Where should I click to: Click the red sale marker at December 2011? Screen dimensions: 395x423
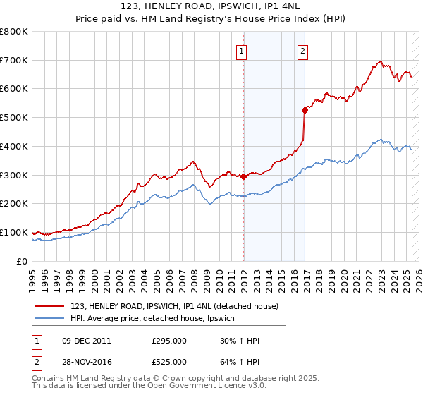pyautogui.click(x=244, y=176)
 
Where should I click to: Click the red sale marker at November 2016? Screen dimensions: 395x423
pyautogui.click(x=305, y=110)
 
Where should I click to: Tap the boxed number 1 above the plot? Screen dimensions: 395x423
pyautogui.click(x=241, y=51)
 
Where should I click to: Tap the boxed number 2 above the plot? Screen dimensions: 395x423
pyautogui.click(x=302, y=51)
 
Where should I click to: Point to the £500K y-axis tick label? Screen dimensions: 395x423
pyautogui.click(x=14, y=117)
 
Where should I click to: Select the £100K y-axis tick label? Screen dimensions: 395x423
pyautogui.click(x=14, y=232)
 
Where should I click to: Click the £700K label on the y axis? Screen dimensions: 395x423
pyautogui.click(x=14, y=60)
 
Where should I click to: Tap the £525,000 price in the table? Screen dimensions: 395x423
pyautogui.click(x=169, y=361)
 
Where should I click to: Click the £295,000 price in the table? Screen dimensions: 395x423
pyautogui.click(x=169, y=341)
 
